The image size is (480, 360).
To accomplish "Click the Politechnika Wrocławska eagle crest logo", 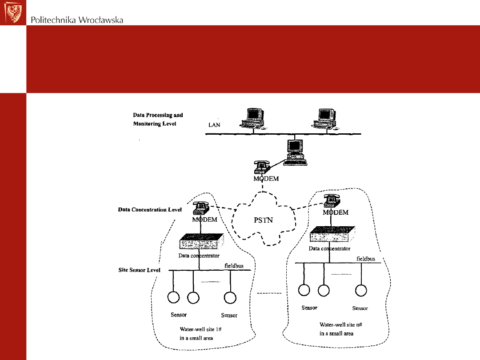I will click(13, 12).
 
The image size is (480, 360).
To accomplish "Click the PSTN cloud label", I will click(263, 220).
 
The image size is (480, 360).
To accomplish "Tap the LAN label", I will click(214, 125).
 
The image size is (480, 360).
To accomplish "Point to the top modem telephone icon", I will click(262, 167).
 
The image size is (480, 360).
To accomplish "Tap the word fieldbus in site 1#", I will click(234, 266).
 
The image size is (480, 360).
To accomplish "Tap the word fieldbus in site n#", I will click(365, 259).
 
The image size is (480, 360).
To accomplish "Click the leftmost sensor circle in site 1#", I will click(173, 297).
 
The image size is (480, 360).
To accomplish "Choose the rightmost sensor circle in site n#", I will click(360, 290).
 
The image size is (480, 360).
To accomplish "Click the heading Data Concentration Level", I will click(150, 209).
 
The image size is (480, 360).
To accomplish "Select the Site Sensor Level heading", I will click(139, 270).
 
